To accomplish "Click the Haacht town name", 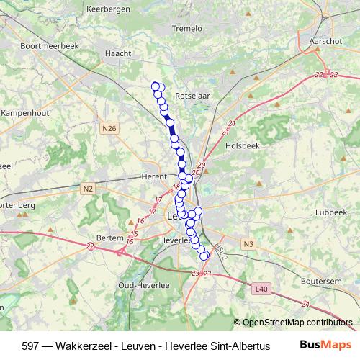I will point(118,53).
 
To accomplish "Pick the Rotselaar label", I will point(192,94).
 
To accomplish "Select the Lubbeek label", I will point(331,212).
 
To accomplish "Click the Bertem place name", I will point(110,238).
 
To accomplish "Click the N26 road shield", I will point(109,128).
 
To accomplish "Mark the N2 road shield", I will point(88,189).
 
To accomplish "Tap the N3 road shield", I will point(248,244).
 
